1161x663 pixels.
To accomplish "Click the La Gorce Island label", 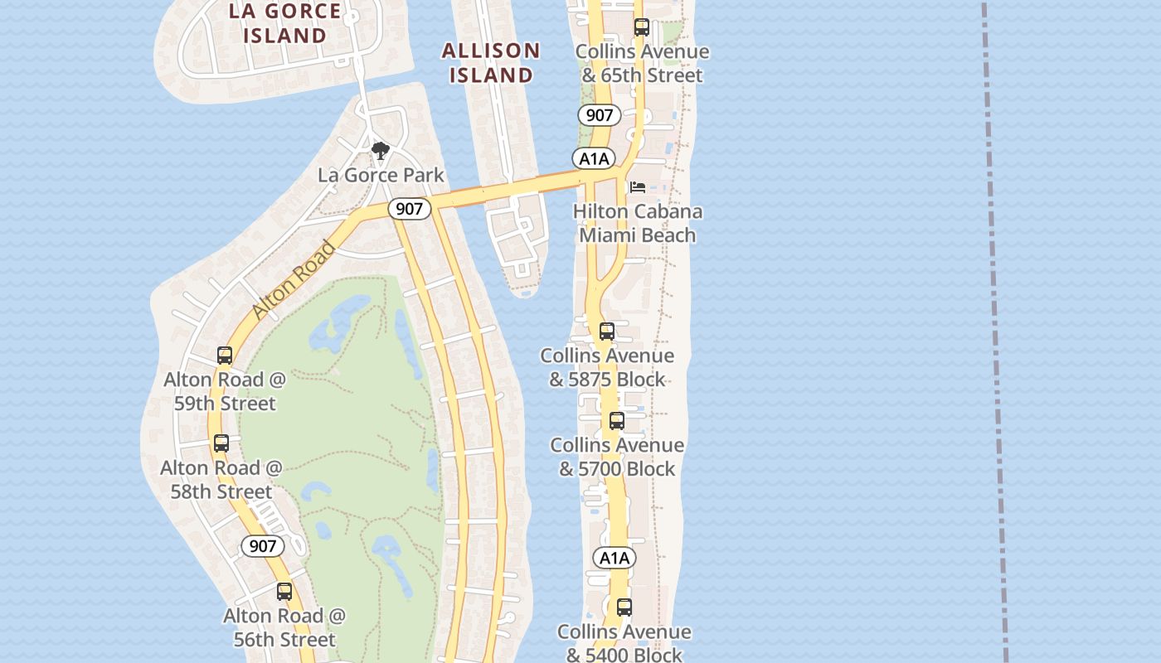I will [284, 23].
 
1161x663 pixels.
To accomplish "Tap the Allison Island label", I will [491, 63].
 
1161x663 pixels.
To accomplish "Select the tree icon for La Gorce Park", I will [381, 151].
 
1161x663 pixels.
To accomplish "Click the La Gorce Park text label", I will [381, 175].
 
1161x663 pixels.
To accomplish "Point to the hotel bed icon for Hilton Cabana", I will [637, 187].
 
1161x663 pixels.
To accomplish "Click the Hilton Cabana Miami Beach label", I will [637, 223].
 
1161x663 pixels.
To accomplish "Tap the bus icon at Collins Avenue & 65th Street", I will [641, 27].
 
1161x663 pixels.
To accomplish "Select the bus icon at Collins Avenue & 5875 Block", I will [607, 331].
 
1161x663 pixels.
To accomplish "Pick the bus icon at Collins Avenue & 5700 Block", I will [617, 421].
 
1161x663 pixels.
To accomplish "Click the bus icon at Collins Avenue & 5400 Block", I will [624, 607].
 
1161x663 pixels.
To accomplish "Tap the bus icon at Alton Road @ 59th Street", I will [225, 356].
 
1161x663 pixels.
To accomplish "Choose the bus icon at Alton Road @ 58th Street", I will [221, 443].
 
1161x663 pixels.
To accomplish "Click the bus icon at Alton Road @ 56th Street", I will [284, 592].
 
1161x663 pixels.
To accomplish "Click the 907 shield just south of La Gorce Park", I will [409, 209].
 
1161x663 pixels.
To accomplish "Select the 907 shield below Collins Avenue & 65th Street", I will [599, 115].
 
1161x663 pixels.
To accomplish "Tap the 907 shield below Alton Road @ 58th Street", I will [262, 546].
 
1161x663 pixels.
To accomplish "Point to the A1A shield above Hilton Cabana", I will [594, 158].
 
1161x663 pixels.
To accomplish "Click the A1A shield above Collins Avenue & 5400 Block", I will [615, 558].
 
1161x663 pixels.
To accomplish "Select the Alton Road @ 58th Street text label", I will [221, 479].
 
